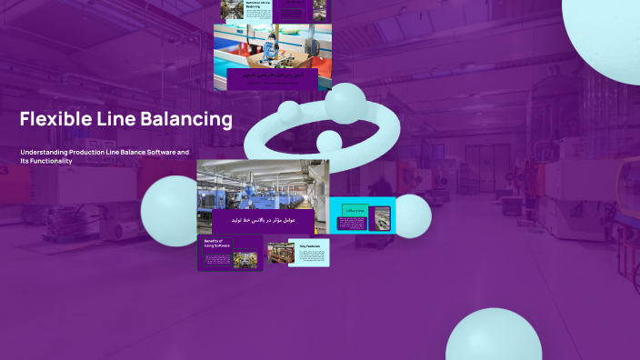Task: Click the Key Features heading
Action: [x=310, y=245]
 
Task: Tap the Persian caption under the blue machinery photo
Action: [x=263, y=221]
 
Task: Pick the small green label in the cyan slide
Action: [x=355, y=210]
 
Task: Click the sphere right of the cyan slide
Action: [x=413, y=216]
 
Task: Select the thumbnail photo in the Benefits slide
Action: [x=245, y=257]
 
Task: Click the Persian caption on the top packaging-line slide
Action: [x=273, y=78]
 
